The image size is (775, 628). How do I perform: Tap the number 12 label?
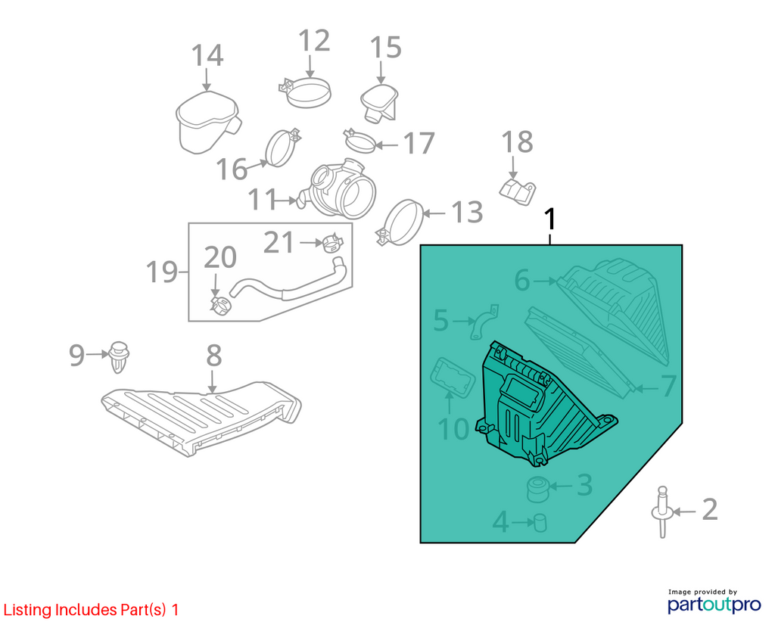tap(314, 40)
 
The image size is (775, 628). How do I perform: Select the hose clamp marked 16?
tap(283, 148)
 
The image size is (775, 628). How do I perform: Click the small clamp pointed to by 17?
tap(359, 141)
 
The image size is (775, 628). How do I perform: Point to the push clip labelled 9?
tap(119, 356)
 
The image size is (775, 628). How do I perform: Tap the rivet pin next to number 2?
tap(661, 512)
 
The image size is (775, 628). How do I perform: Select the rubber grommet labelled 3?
tap(538, 489)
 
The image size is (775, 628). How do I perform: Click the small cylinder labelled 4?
tap(540, 522)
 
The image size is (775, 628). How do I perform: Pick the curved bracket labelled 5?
tap(484, 322)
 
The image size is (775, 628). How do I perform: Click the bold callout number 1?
tap(549, 219)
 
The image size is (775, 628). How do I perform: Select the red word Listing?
tap(28, 611)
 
